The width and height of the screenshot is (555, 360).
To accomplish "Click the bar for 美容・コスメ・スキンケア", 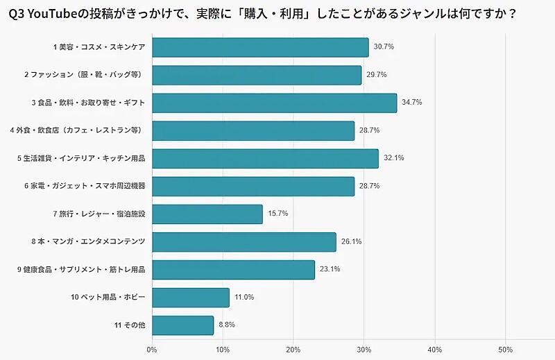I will pos(260,47).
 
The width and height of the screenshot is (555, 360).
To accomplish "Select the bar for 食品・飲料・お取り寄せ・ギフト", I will pos(274,103).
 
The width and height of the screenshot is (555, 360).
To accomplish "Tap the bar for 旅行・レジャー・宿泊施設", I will pos(207,214).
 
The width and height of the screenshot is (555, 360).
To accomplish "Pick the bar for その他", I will pos(182,325).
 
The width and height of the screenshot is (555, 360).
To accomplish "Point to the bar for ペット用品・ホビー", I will pos(190,298).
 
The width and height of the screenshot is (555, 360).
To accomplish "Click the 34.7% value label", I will pos(411,103).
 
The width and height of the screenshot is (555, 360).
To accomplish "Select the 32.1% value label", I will pos(393,158).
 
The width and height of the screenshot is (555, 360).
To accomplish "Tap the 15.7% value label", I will pos(277,214).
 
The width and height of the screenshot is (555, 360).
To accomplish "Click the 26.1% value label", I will pos(351,242).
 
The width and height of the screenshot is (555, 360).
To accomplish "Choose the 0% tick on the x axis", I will pos(152,349).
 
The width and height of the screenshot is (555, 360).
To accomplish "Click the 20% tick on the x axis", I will pos(293,349).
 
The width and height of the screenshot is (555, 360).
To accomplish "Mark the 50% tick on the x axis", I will pos(506,349).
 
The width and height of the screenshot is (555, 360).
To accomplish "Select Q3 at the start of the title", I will pos(15,13).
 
